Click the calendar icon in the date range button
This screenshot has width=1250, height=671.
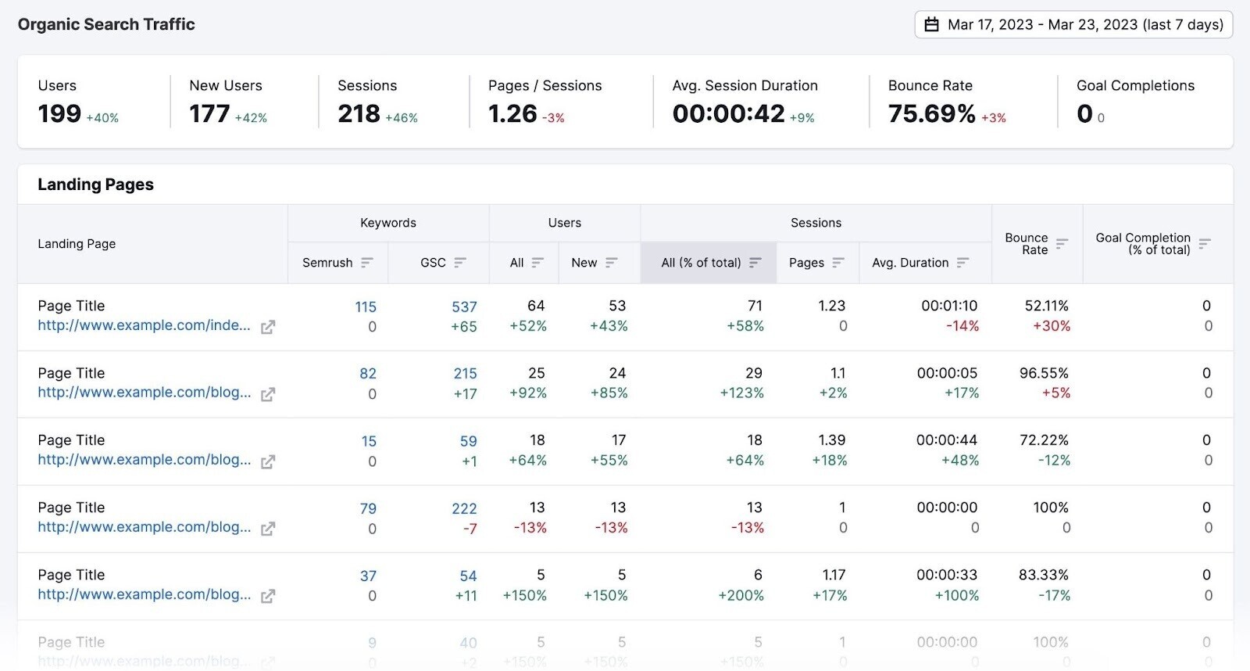(931, 25)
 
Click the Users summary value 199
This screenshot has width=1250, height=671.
(59, 114)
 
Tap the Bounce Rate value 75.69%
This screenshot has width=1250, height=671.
(931, 114)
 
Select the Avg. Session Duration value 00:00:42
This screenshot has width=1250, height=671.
(728, 114)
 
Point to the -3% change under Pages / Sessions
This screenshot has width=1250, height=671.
(553, 118)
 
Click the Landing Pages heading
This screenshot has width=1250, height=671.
(95, 185)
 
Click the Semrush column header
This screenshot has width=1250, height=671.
(327, 263)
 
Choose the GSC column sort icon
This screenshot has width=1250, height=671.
(460, 263)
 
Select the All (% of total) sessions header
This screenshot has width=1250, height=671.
(701, 263)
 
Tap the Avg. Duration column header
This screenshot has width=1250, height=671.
(910, 263)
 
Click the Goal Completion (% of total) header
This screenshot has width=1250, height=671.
(1143, 243)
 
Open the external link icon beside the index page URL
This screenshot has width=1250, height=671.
(267, 327)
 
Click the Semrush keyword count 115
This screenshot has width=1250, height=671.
(366, 307)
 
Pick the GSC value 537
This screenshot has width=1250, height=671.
(464, 307)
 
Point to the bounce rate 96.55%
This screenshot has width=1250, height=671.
(1044, 373)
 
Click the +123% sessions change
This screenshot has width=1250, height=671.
(741, 393)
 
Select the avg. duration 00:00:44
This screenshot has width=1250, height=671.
(947, 440)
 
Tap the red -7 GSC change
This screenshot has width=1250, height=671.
(470, 529)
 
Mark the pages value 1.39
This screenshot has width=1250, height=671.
(832, 440)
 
